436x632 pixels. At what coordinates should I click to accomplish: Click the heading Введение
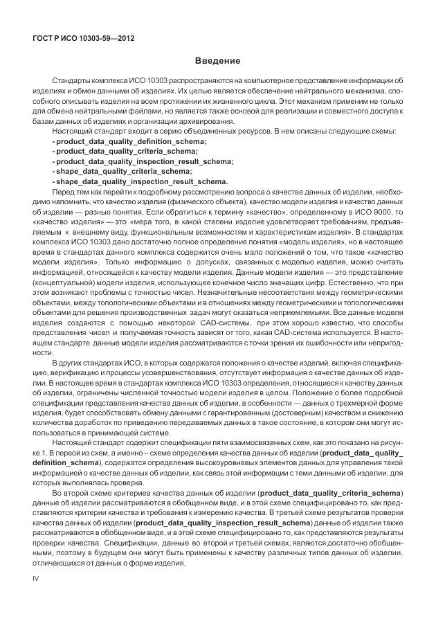217,61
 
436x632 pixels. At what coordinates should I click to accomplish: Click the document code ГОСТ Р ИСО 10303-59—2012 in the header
83,37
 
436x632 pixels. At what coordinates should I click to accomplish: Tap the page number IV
36,576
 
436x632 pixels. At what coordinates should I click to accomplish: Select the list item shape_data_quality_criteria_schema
122,170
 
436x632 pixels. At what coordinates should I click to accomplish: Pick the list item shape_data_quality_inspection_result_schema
140,181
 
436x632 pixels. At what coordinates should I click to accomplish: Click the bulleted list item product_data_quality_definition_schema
129,141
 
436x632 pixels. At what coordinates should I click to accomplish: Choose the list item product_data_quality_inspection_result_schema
143,161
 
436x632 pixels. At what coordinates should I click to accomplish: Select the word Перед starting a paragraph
63,190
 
